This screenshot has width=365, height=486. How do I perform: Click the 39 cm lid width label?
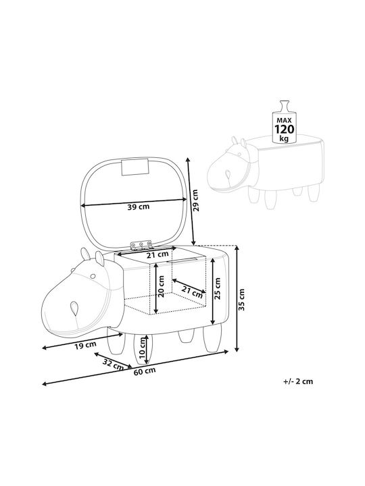coord(139,207)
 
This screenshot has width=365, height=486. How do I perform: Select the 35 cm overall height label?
coord(242,300)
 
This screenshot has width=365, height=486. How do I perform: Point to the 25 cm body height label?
coord(217,288)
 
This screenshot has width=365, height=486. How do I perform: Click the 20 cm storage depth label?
coord(161,286)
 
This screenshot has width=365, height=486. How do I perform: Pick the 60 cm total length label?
coord(145,371)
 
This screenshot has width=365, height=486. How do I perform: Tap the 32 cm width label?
coord(114,364)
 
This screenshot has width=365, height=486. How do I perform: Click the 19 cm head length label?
coord(85,345)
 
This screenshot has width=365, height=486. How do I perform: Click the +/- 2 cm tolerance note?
coord(298,381)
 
